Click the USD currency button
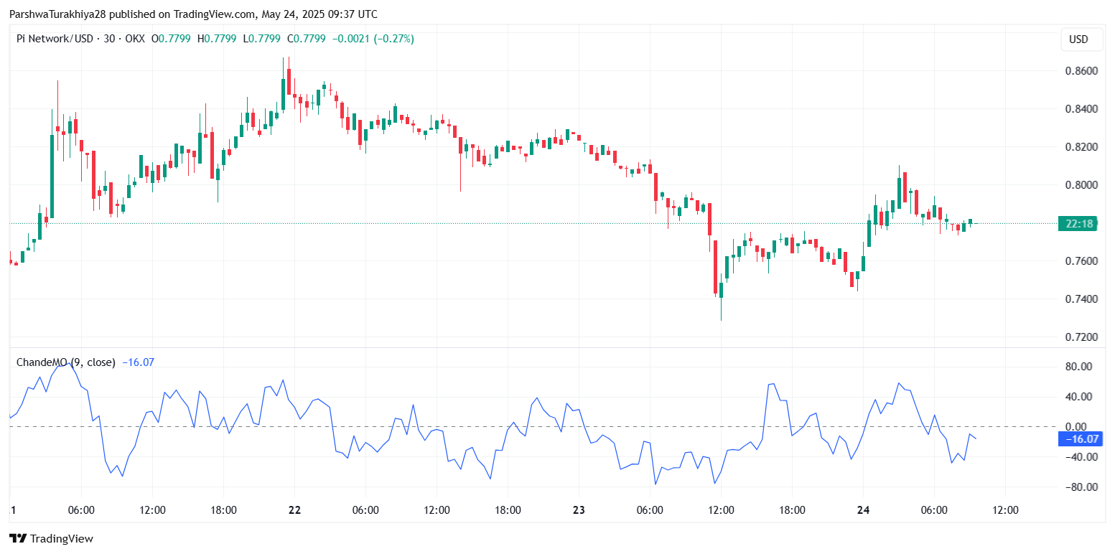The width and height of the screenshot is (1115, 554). coord(1081,39)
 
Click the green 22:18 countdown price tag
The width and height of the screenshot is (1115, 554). coord(1079,224)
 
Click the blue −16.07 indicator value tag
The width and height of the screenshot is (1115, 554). coord(1081,438)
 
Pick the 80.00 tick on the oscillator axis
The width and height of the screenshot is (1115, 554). coord(1078,367)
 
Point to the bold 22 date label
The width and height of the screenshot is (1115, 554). coord(294,510)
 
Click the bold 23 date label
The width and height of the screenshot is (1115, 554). coord(579,510)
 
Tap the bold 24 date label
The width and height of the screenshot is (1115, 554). coord(864,510)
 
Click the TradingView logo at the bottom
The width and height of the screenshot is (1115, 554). coord(51,538)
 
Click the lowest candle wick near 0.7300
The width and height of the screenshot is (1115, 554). coord(721,316)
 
